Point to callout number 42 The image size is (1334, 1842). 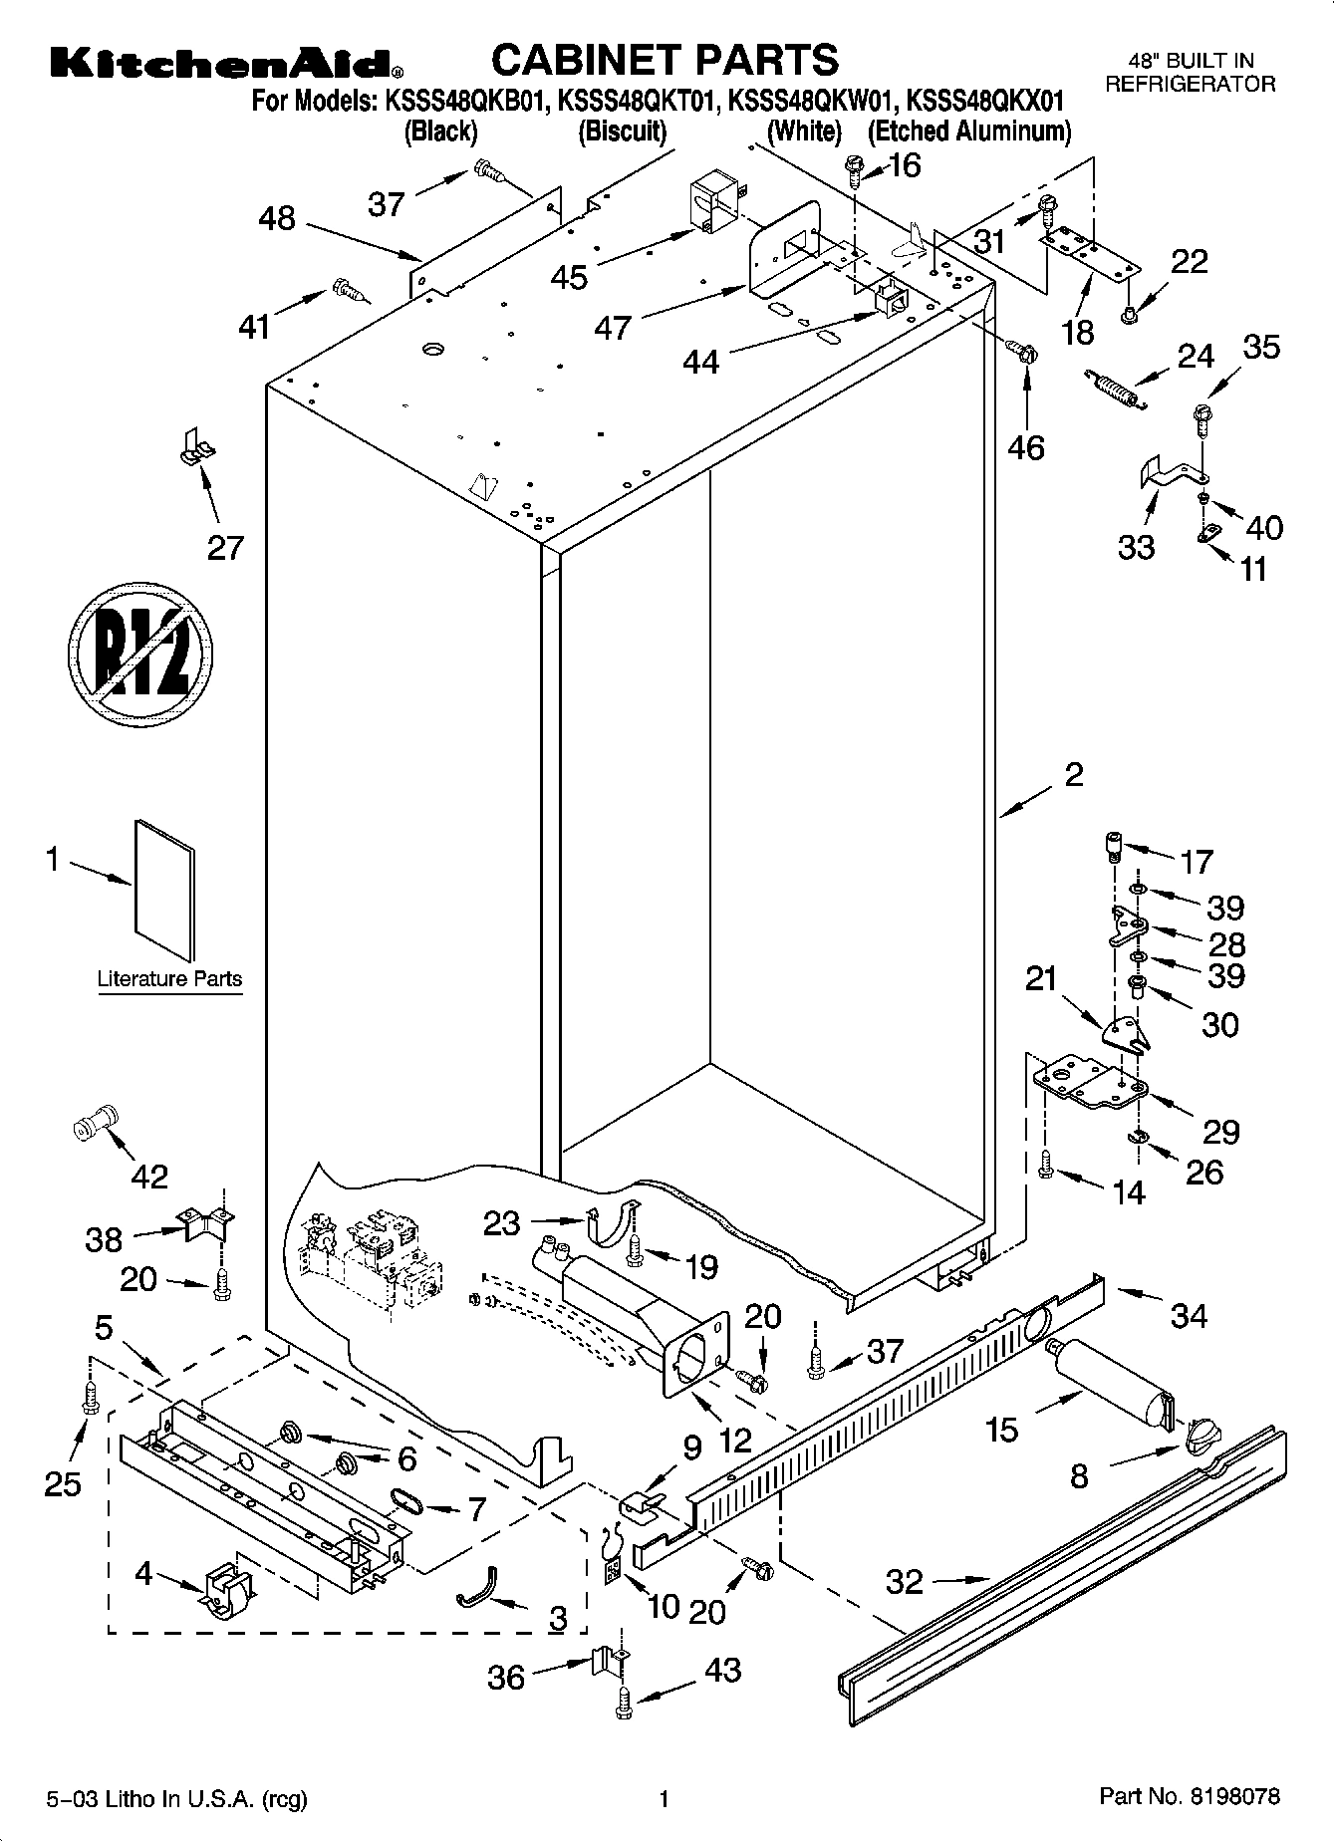click(x=149, y=1177)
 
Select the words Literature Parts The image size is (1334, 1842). click(x=169, y=978)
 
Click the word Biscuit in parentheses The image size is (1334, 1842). click(x=623, y=132)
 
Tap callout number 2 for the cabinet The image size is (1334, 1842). click(x=1074, y=774)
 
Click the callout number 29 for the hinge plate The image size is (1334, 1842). click(x=1220, y=1131)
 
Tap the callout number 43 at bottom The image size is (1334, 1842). click(x=722, y=1670)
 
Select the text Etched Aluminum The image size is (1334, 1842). click(x=969, y=132)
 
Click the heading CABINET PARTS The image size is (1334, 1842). click(x=666, y=60)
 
